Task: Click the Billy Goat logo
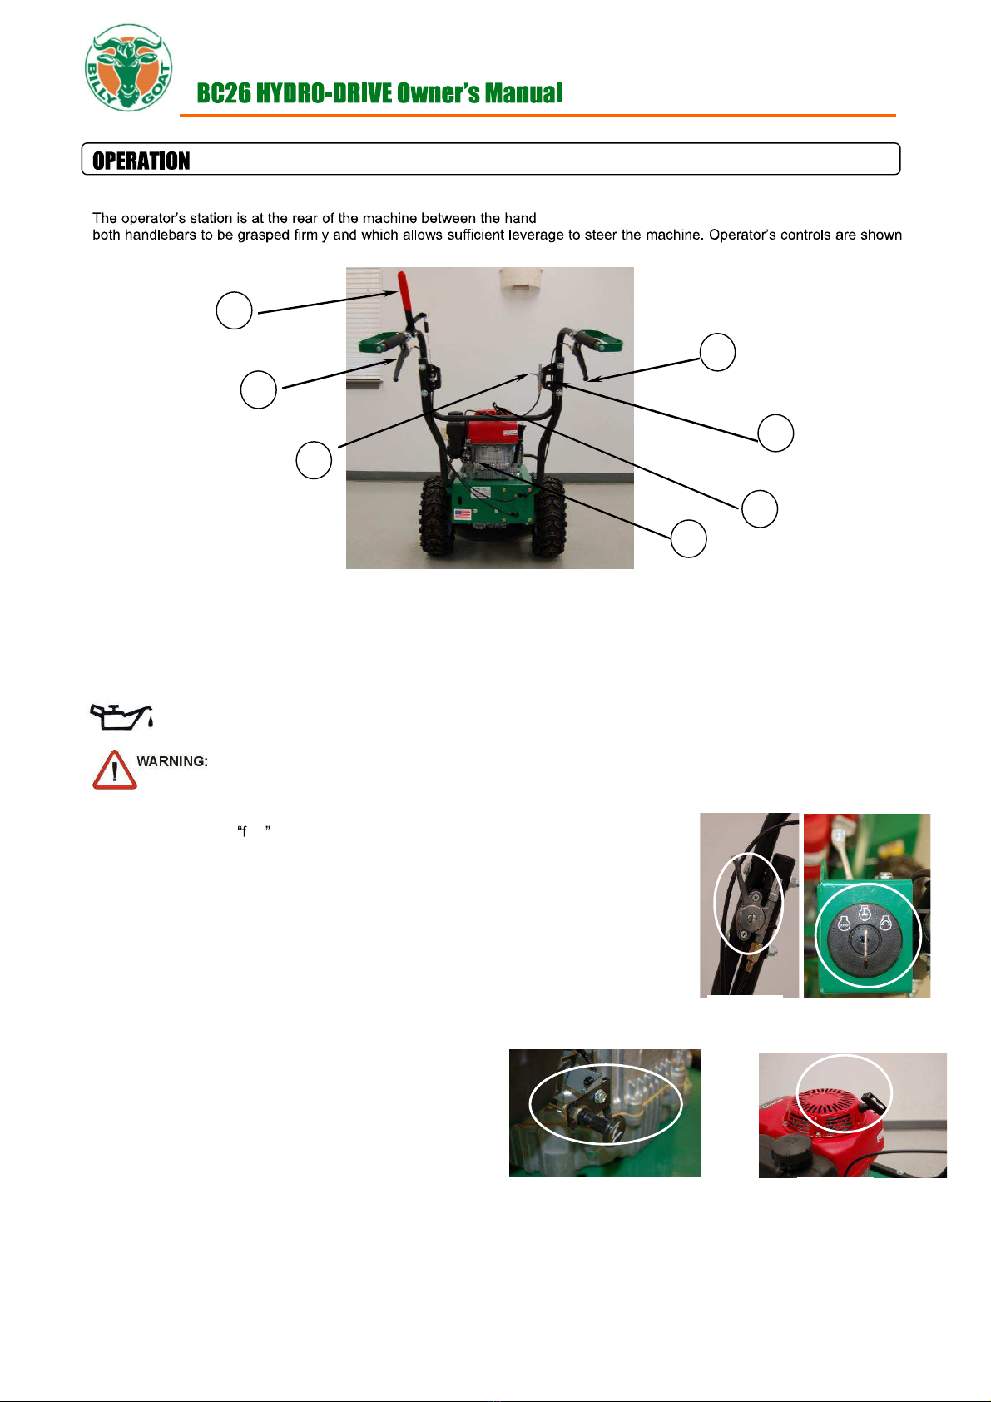[x=128, y=67]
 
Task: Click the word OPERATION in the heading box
[x=141, y=161]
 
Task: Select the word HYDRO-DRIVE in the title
[x=324, y=92]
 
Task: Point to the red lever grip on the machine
[x=404, y=290]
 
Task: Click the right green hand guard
[x=600, y=340]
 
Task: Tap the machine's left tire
[x=436, y=515]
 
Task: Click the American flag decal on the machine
[x=463, y=514]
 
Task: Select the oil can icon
[x=121, y=716]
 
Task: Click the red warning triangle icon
[x=115, y=769]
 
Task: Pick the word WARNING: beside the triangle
[x=172, y=761]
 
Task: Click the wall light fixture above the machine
[x=520, y=278]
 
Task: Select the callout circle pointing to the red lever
[x=234, y=310]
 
